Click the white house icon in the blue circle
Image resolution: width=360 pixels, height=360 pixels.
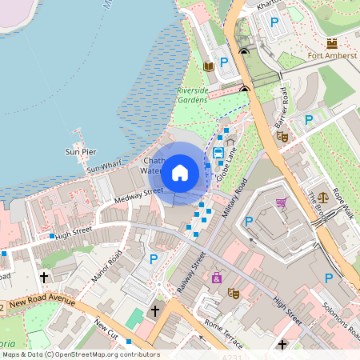click(x=179, y=171)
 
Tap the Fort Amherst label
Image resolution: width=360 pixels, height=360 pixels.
click(x=326, y=55)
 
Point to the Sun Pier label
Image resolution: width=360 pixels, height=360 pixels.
click(x=81, y=151)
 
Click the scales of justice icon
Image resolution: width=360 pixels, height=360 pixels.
click(x=323, y=196)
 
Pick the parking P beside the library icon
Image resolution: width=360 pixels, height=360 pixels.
click(x=225, y=62)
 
